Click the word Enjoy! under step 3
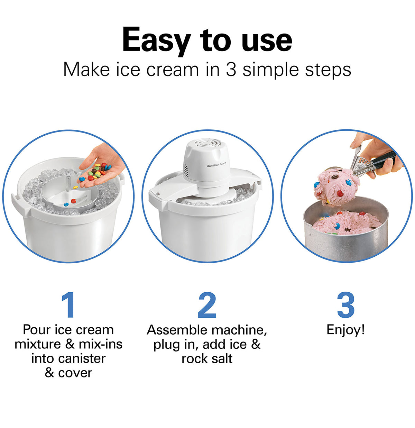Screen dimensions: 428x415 [x=345, y=330]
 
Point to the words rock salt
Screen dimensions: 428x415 [x=207, y=359]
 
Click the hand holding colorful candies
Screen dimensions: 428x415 [x=104, y=166]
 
